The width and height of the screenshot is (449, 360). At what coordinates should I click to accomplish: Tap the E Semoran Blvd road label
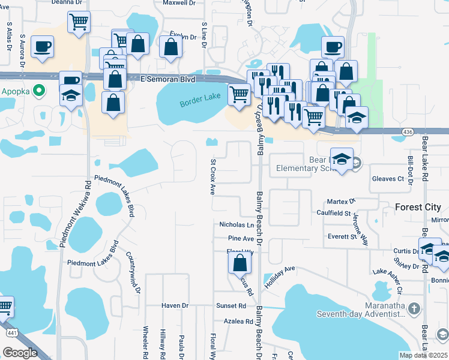(168, 79)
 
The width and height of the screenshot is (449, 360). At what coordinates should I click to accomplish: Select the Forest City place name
(421, 207)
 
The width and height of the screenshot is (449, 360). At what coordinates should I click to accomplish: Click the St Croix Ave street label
(212, 177)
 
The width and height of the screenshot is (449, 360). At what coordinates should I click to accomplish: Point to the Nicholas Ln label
(236, 225)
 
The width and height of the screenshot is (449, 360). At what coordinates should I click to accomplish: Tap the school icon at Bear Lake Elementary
(342, 159)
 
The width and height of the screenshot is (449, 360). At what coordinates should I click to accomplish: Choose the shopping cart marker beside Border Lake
(239, 94)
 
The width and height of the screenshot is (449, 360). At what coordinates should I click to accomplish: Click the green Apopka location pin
(40, 91)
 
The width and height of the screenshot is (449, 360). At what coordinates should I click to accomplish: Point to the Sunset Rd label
(231, 305)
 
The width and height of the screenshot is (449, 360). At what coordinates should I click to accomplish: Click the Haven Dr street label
(175, 305)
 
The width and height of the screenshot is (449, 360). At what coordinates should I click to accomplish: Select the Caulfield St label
(334, 213)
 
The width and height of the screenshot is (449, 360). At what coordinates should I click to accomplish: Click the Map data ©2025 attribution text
(423, 355)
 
